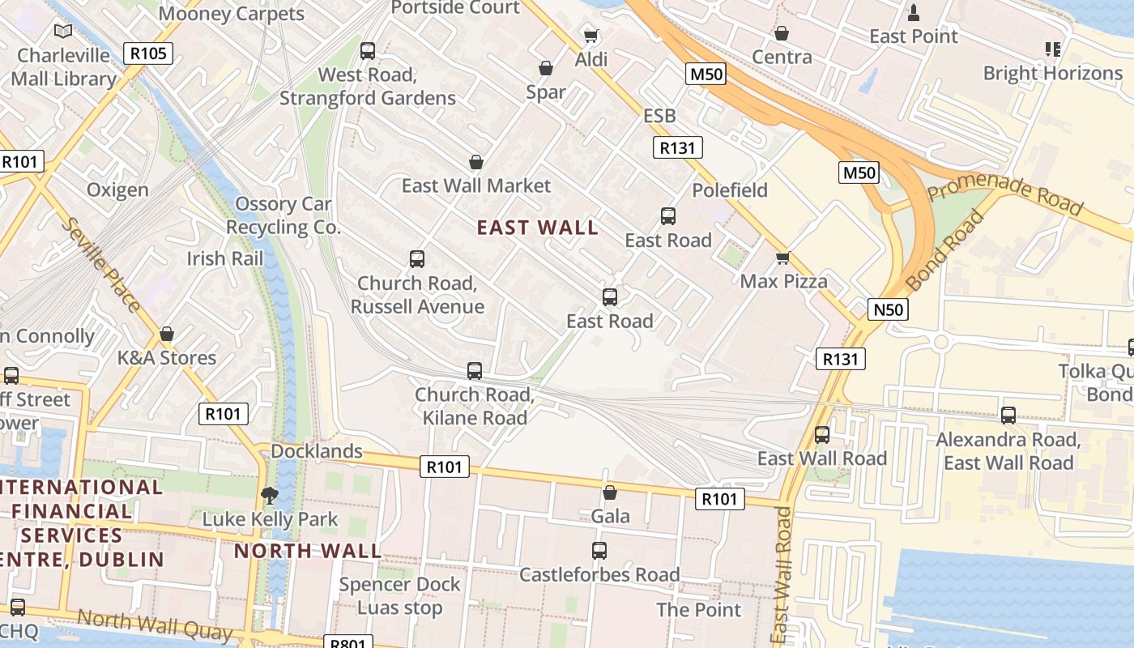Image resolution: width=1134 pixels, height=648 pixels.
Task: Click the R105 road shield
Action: point(149,54)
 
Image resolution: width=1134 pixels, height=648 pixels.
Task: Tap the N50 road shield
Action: point(889,309)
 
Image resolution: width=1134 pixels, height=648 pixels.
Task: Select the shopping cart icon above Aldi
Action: point(591,36)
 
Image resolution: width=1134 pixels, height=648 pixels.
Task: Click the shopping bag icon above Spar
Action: point(546,68)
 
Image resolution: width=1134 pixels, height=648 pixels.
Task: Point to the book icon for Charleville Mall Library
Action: point(63,32)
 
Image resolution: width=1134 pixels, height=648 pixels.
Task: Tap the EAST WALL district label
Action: point(538,228)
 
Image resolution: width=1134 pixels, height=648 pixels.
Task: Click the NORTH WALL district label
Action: point(308,552)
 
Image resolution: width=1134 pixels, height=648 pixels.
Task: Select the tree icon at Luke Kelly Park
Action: point(270,495)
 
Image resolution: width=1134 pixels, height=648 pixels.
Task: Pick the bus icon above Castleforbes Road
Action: point(599,551)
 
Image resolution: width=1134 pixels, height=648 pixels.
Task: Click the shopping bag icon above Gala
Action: point(610,492)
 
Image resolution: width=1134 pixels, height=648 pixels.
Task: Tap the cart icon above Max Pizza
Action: point(782,258)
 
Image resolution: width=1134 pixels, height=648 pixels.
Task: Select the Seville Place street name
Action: point(102,264)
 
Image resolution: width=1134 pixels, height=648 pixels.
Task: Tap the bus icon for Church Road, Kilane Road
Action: point(475,371)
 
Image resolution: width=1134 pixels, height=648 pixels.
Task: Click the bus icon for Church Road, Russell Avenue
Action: point(417,259)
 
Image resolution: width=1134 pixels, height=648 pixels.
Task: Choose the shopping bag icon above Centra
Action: point(782,33)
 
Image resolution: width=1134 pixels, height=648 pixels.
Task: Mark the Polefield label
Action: point(730,190)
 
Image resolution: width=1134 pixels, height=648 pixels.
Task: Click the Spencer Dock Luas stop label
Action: point(399,596)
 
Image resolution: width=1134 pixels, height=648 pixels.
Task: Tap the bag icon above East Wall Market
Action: point(476,162)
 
